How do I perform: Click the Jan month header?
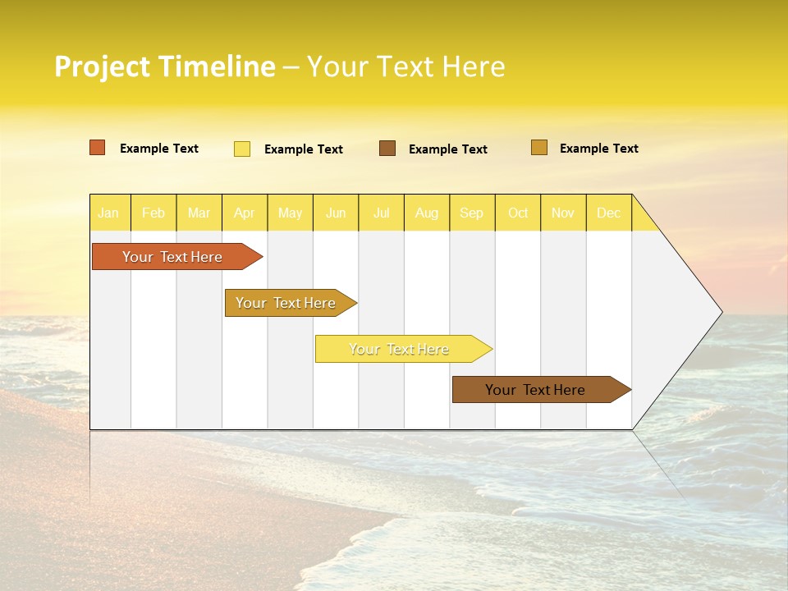[108, 213]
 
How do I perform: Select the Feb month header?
[153, 213]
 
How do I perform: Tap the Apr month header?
[245, 213]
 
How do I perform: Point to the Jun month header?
[336, 213]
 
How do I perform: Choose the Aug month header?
[427, 213]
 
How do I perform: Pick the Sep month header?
[472, 213]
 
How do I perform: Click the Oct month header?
[518, 213]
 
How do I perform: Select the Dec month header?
[609, 213]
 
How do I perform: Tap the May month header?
[290, 213]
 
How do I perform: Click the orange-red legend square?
[98, 148]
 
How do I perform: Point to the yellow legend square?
[242, 149]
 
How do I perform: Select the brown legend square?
[387, 149]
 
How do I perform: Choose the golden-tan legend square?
[539, 148]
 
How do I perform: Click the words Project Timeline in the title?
[165, 66]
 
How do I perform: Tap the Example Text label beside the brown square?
[448, 149]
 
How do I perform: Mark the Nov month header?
[563, 213]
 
